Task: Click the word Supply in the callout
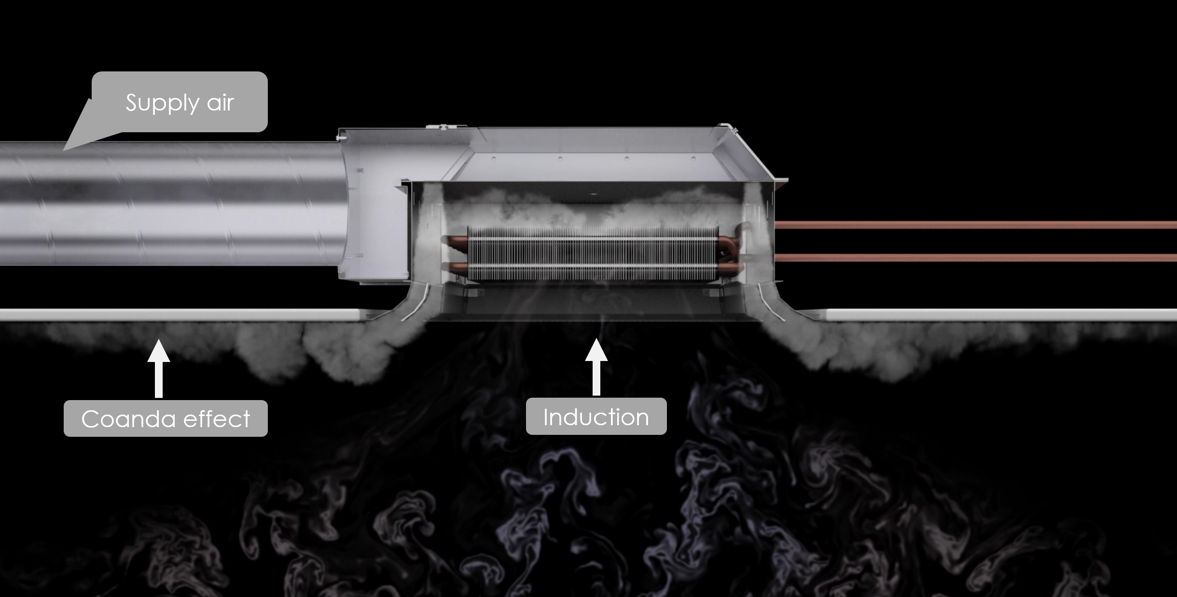tap(162, 103)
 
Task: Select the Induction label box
tap(596, 416)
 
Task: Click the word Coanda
tap(128, 418)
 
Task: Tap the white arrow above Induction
tap(596, 366)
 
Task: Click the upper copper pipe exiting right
tap(975, 224)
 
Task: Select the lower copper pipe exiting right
tap(975, 257)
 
